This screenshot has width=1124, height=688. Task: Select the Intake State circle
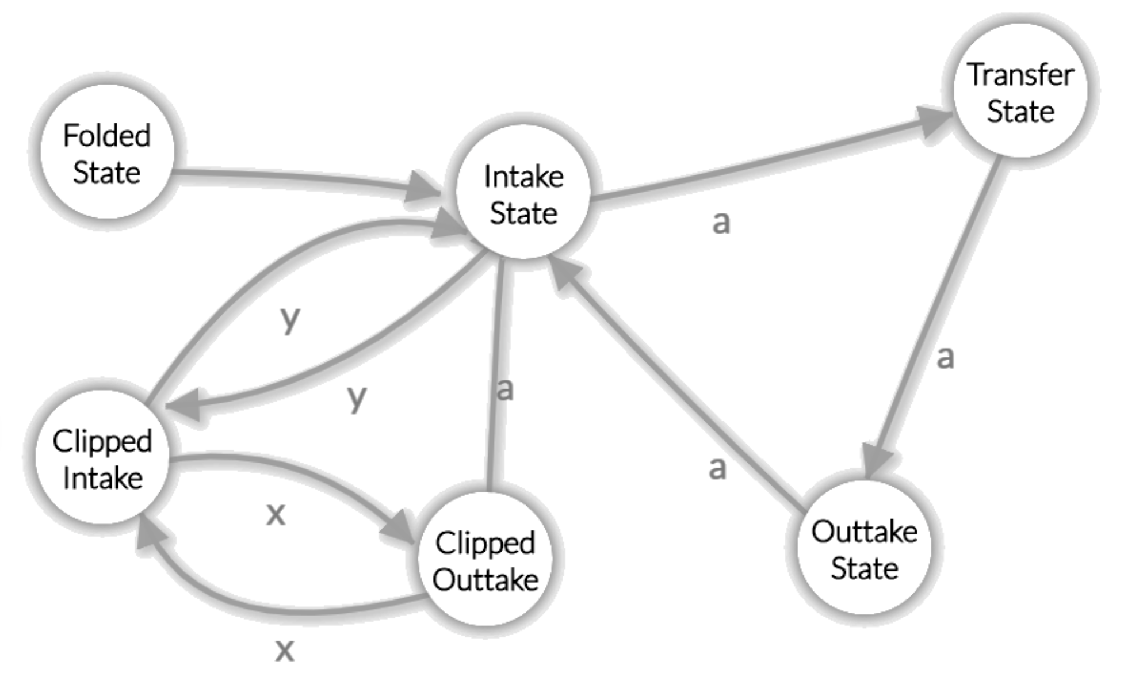point(523,193)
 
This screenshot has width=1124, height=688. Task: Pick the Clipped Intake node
point(102,458)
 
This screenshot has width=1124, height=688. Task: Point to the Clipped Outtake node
point(485,560)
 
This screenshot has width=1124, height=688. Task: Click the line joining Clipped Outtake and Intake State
point(495,374)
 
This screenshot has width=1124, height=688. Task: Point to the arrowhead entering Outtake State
point(876,460)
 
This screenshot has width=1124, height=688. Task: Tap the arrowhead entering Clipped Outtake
point(399,526)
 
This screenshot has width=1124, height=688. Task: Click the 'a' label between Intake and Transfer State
point(721,222)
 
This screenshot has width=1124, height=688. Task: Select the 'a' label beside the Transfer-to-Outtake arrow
point(945,357)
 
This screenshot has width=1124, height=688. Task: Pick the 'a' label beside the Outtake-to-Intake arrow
point(717,468)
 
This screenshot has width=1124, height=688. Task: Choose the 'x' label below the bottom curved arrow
point(284,651)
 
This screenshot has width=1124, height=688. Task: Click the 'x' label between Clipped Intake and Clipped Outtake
point(276,514)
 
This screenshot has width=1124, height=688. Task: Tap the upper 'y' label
point(290,319)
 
